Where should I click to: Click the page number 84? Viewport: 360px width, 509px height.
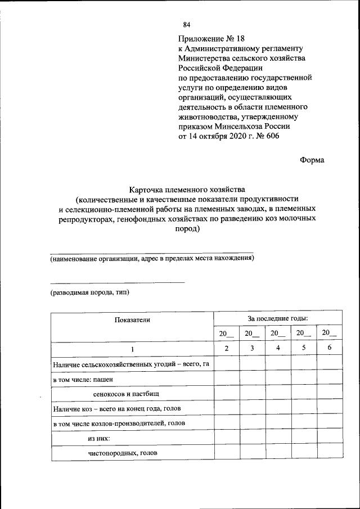[187, 25]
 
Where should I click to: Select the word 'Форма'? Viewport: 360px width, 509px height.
[312, 159]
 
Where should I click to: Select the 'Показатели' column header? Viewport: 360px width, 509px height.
[132, 319]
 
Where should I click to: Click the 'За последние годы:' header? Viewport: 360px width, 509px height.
[277, 318]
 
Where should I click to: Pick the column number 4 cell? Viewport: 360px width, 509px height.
[278, 349]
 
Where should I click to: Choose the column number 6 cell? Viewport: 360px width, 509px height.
[329, 349]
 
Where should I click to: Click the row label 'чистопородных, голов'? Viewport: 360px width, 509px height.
[123, 453]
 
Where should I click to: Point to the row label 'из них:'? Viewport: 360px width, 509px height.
[98, 438]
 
